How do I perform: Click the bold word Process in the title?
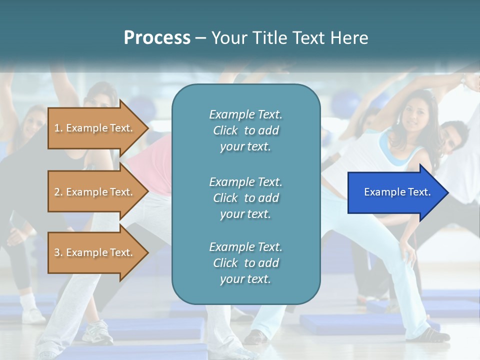click(157, 38)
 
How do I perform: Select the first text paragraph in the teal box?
click(245, 130)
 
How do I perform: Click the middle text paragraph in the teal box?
click(245, 197)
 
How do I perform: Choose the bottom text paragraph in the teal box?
click(245, 263)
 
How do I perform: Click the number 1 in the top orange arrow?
click(57, 128)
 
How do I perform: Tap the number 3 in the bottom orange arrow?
click(57, 252)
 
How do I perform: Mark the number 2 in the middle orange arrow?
click(57, 192)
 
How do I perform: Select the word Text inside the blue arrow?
click(419, 192)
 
